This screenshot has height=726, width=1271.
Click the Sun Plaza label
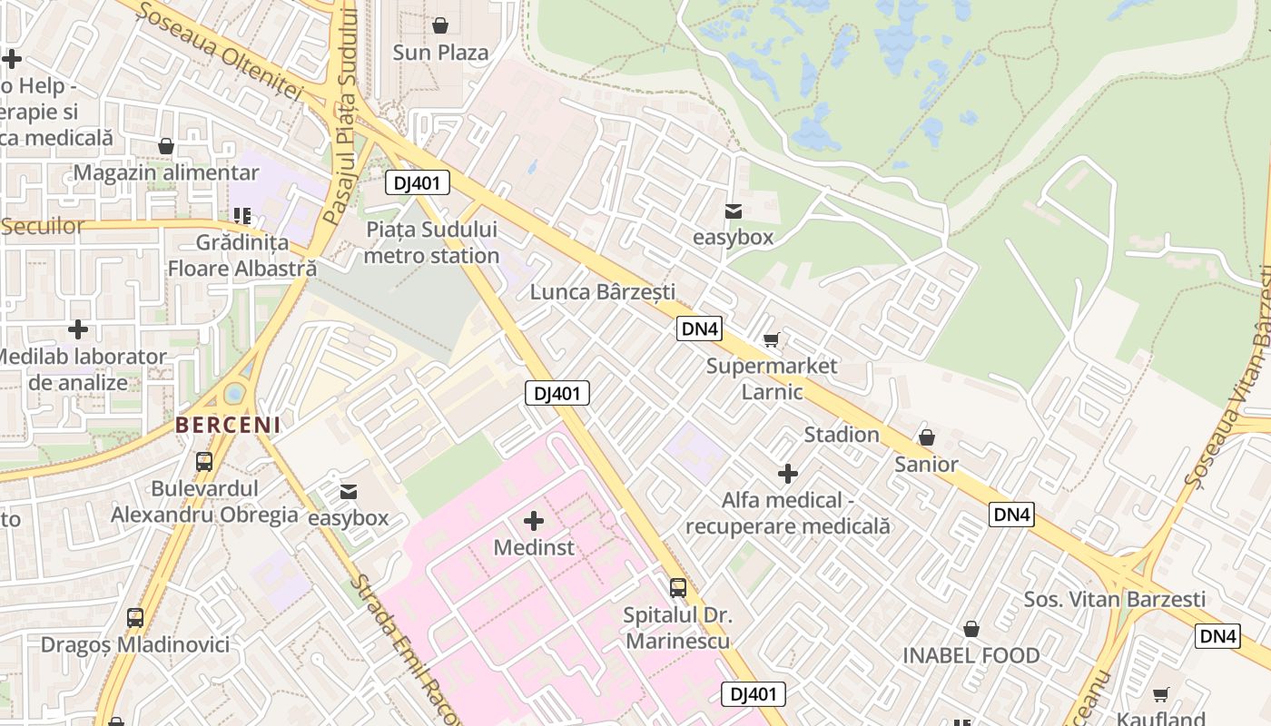pyautogui.click(x=440, y=53)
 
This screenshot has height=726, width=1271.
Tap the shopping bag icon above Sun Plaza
pyautogui.click(x=440, y=25)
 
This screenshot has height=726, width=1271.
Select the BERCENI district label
pyautogui.click(x=228, y=424)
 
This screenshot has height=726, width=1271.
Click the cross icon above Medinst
pyautogui.click(x=534, y=521)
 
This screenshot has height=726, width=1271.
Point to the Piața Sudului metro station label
pyautogui.click(x=431, y=242)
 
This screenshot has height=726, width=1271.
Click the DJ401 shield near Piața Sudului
pyautogui.click(x=418, y=183)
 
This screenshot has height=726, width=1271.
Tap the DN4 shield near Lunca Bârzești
pyautogui.click(x=700, y=329)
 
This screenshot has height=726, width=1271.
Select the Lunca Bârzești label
pyautogui.click(x=603, y=292)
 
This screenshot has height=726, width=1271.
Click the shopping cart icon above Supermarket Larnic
pyautogui.click(x=771, y=340)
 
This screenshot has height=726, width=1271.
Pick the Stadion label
pyautogui.click(x=842, y=435)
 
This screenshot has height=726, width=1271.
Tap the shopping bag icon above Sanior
pyautogui.click(x=927, y=437)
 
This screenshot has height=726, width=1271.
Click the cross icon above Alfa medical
pyautogui.click(x=788, y=474)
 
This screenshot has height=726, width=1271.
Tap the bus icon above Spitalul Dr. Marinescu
pyautogui.click(x=678, y=587)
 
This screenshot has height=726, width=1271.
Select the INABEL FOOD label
pyautogui.click(x=970, y=655)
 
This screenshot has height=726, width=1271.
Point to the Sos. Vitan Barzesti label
pyautogui.click(x=1115, y=599)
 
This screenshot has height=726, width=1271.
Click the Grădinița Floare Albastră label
pyautogui.click(x=242, y=256)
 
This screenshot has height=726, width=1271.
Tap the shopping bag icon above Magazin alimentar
pyautogui.click(x=166, y=146)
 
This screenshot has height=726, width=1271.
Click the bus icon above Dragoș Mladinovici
pyautogui.click(x=135, y=618)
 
